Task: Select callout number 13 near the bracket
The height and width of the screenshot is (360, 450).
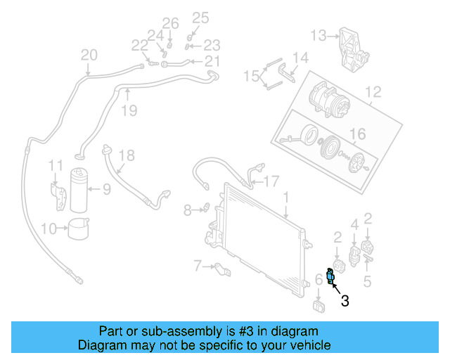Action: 319,34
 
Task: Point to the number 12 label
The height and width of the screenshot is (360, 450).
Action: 373,91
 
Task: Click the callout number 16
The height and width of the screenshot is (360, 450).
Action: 358,134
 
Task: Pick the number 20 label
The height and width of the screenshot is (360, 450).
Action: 89,55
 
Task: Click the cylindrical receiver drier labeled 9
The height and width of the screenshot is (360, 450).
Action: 79,190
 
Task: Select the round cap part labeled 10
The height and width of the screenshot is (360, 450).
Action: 79,228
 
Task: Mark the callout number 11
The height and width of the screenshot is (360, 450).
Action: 56,165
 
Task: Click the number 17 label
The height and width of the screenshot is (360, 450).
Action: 271,180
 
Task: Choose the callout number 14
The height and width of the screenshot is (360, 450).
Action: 300,58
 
